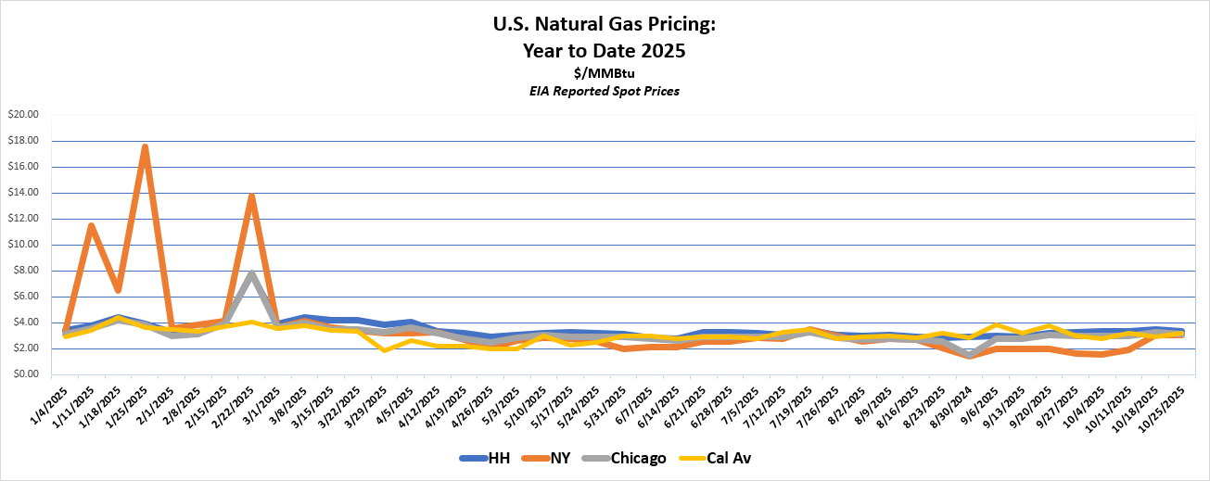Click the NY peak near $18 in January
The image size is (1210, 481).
(x=145, y=146)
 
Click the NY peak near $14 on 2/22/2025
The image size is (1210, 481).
(x=251, y=196)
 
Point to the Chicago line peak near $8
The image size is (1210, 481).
(x=251, y=273)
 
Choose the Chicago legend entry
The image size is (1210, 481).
(x=640, y=458)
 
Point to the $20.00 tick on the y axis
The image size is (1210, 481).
(x=24, y=115)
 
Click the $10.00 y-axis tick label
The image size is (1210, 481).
(x=24, y=245)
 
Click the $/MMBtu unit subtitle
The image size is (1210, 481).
(x=605, y=72)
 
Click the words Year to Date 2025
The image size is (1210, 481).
(x=605, y=51)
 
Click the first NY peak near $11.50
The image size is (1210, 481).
(x=91, y=225)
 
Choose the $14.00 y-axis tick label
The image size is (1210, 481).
(x=24, y=193)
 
